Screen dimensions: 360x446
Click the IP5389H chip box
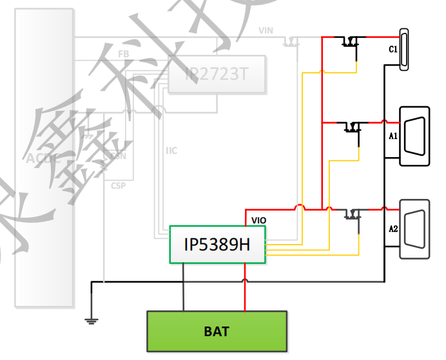(218, 245)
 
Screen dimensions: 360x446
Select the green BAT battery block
(217, 332)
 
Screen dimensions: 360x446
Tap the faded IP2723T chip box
(217, 74)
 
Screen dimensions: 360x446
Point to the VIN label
(266, 30)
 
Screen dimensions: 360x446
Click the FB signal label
(123, 53)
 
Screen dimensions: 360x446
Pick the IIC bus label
(171, 151)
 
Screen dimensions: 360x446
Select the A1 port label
(393, 136)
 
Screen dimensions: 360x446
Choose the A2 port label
(393, 229)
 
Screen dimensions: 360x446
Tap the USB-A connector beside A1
(415, 135)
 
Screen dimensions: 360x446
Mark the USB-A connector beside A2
(415, 229)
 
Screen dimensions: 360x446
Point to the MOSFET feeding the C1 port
(351, 43)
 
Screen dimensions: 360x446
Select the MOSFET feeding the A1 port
(352, 127)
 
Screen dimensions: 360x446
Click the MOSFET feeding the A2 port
(352, 214)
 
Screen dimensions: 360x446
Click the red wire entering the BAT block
(245, 303)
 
